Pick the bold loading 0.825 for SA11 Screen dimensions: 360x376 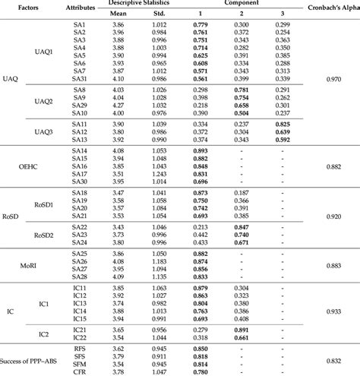pos(283,124)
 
